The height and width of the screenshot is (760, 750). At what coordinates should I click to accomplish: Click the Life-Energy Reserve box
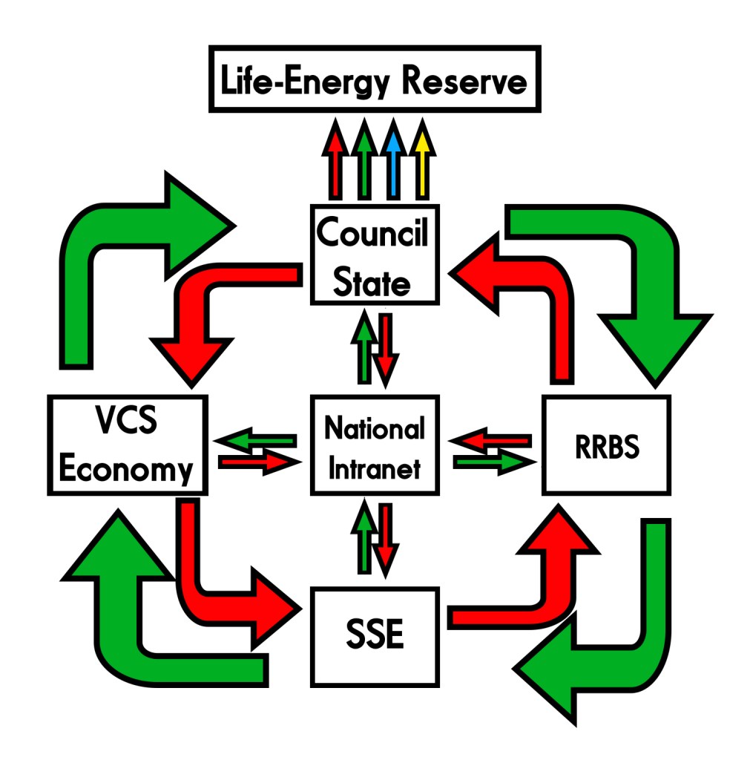pos(373,80)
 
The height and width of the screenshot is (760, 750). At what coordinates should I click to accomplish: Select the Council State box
pos(372,255)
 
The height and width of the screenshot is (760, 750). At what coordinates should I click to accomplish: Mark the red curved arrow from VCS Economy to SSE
pos(200,586)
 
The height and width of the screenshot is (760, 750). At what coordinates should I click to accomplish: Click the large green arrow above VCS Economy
pos(96,267)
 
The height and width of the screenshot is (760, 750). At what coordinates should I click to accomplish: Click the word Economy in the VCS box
pos(127,469)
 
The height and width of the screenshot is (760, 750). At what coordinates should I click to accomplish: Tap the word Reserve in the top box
pos(465,80)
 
